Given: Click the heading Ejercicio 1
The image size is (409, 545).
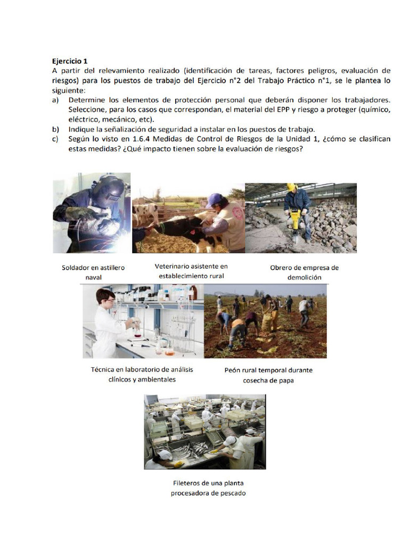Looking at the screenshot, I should coord(70,61).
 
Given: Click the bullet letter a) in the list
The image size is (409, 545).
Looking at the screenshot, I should coord(55,100).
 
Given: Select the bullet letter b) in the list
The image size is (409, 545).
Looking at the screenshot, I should coord(55,129).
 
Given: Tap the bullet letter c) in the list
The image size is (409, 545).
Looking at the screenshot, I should coord(55,139).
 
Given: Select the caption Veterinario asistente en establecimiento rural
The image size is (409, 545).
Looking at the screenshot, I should coord(191,270).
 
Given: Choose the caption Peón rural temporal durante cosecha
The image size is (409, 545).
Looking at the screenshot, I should coord(268,375).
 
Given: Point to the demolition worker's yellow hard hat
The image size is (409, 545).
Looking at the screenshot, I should coord(291,187).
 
